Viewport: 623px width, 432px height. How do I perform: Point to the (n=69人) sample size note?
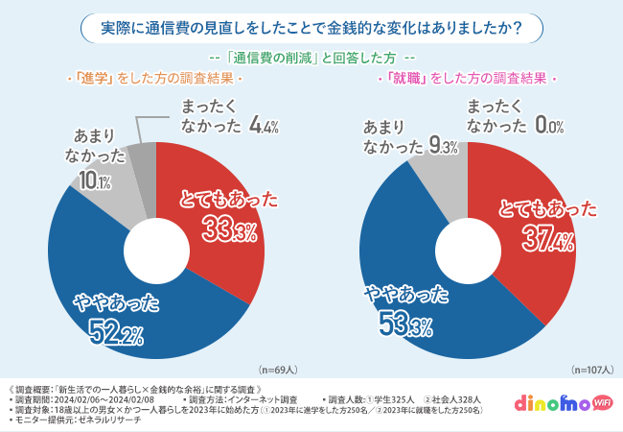click(277, 369)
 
